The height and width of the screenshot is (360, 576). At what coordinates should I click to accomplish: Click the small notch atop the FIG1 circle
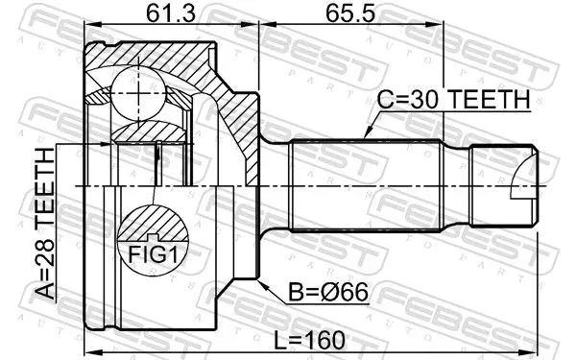(x=154, y=237)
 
